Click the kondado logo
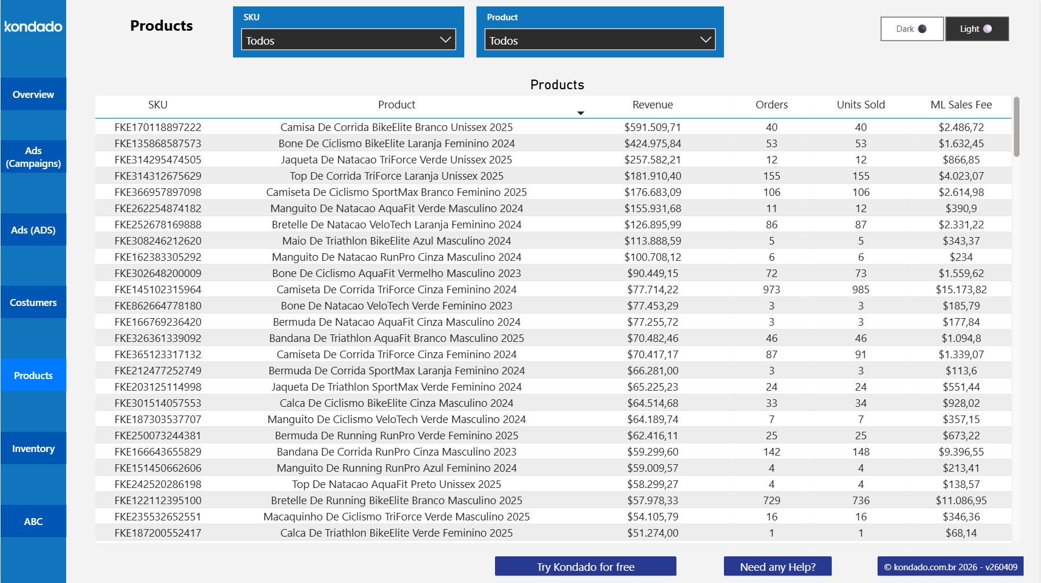coord(33,27)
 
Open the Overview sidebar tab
coord(33,94)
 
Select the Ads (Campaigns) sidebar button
coord(33,157)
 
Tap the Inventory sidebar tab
coord(33,449)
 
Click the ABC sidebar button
coord(33,522)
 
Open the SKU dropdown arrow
coord(445,40)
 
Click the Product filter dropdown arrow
coord(705,40)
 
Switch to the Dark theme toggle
coord(912,29)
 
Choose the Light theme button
coord(977,29)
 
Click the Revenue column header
coord(652,105)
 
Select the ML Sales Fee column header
coord(960,105)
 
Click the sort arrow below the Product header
coord(580,113)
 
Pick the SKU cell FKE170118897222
coord(158,127)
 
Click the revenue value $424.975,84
coord(652,144)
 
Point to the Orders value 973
coord(771,290)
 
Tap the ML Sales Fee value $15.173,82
coord(960,290)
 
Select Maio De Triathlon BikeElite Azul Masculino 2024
coord(396,241)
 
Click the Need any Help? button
coord(777,567)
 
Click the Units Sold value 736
coord(860,501)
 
